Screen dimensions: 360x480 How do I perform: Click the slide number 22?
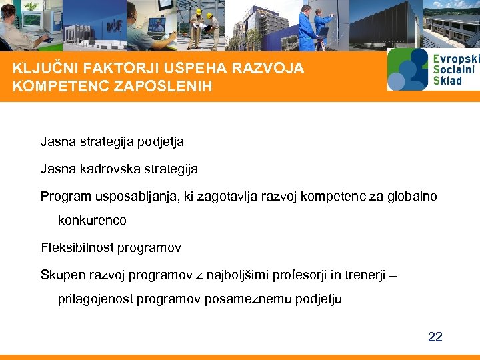[x=435, y=337]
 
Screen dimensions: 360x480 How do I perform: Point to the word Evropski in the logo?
[x=456, y=59]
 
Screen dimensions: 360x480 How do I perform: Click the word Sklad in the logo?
[x=447, y=81]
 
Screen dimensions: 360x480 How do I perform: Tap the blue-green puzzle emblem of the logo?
[x=407, y=69]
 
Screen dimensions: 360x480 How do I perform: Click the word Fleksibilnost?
[x=77, y=248]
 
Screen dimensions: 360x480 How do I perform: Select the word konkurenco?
[x=92, y=220]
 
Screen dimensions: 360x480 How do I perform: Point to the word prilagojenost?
[x=95, y=299]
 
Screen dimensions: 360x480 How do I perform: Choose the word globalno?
[x=410, y=196]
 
